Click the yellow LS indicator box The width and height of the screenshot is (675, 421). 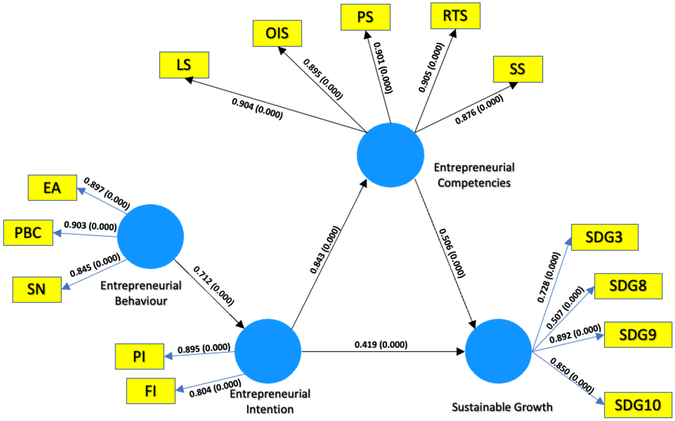coord(184,65)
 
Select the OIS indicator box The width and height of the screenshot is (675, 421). coord(277,33)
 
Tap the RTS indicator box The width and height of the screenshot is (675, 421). coord(455,16)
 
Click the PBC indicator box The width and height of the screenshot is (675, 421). coord(28,233)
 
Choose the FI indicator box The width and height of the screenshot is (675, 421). coord(151,391)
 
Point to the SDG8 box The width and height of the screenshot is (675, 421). coord(628,286)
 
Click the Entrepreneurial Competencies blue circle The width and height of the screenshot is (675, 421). coord(390,155)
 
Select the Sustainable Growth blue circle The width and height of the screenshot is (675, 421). coord(498,351)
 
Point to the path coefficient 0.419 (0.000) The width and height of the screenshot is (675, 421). coord(381,345)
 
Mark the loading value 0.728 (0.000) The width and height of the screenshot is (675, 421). coord(548,277)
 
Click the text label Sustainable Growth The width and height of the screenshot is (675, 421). coord(502,407)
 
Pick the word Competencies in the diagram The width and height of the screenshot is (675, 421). coord(474,183)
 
